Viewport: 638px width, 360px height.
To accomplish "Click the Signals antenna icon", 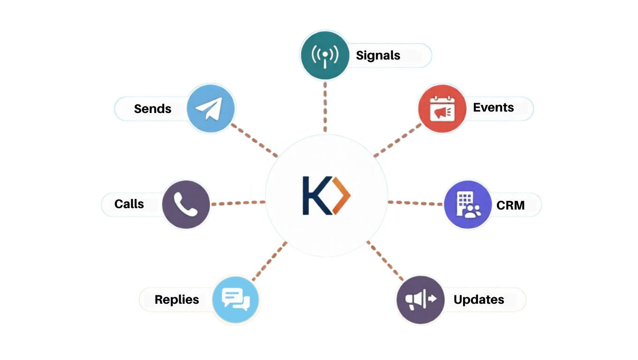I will [x=325, y=55].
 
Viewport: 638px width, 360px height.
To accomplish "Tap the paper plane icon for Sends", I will [x=211, y=108].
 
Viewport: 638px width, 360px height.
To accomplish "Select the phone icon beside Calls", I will [x=186, y=204].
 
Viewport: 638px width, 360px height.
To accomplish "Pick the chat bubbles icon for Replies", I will [x=235, y=299].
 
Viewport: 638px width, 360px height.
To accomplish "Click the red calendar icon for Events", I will [x=442, y=109].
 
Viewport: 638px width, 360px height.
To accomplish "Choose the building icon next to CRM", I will [x=467, y=205].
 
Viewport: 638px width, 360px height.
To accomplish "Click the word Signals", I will [x=378, y=55].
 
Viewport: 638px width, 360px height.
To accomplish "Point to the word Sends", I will [x=152, y=109].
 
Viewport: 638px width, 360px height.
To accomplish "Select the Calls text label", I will [x=129, y=204].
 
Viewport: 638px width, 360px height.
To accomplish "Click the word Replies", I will [x=177, y=300].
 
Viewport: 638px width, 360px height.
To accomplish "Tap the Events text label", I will [x=494, y=107].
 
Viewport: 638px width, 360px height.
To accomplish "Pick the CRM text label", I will [x=510, y=205].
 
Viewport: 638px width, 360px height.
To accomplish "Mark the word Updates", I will [x=479, y=300].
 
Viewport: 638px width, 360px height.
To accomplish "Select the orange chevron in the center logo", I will [x=342, y=195].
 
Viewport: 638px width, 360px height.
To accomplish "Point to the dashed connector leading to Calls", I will [x=238, y=203].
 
